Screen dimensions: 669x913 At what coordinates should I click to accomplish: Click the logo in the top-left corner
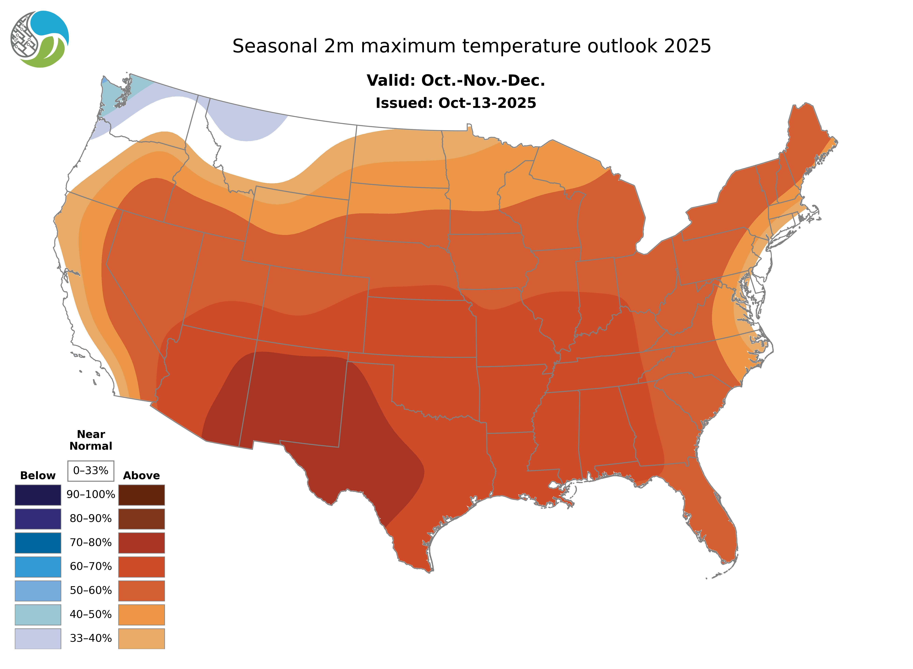[x=40, y=39]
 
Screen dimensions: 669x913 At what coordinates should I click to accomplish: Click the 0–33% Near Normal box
[x=91, y=471]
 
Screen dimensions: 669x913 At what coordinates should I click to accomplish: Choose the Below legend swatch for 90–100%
[x=38, y=495]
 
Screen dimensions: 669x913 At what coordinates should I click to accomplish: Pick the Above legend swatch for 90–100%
[x=141, y=495]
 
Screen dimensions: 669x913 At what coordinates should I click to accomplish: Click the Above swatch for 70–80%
[x=141, y=543]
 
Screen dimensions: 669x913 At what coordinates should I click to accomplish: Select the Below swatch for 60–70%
[x=38, y=567]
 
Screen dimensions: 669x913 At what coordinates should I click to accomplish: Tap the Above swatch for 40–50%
[x=141, y=614]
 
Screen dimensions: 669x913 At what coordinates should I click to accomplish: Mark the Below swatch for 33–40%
[x=38, y=638]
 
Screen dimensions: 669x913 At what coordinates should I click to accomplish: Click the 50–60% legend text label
[x=91, y=590]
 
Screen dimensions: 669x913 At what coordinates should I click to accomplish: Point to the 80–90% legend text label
[x=91, y=519]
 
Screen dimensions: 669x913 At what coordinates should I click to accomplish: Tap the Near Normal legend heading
[x=91, y=440]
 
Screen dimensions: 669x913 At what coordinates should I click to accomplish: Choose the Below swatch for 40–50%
[x=38, y=614]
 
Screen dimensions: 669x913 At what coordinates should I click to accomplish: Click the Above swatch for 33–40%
[x=141, y=638]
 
